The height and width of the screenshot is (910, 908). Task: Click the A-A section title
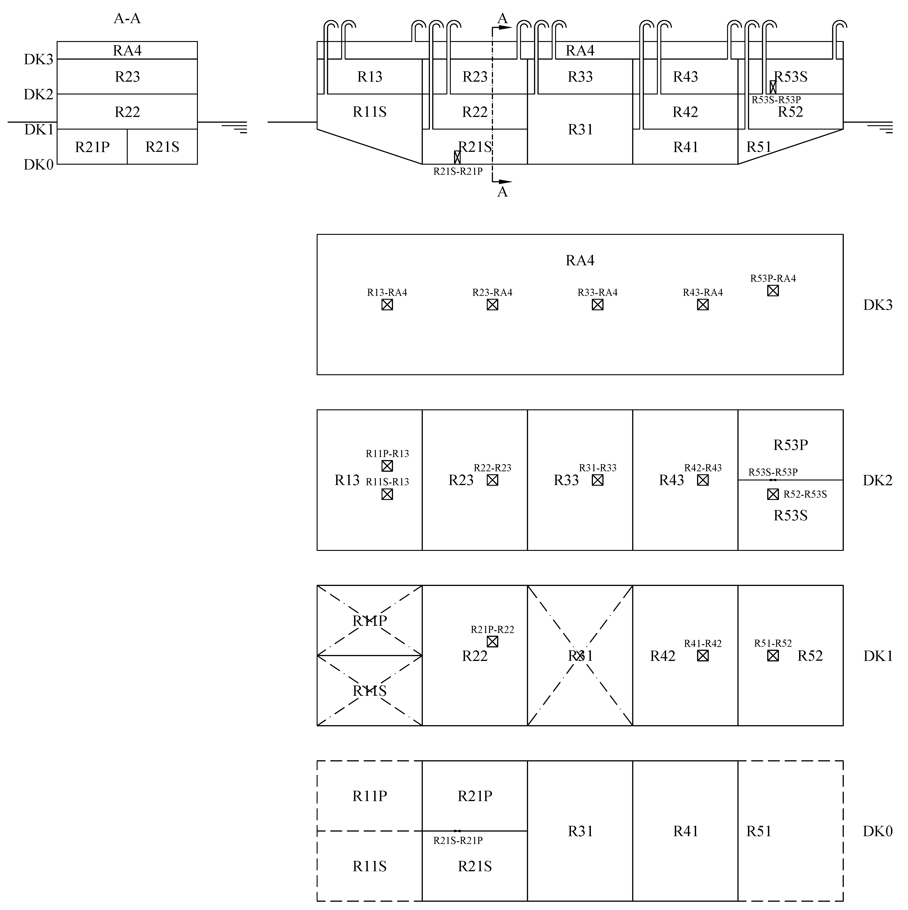[127, 19]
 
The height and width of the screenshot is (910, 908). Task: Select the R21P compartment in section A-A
[92, 147]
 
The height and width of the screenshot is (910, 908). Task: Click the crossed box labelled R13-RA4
[387, 305]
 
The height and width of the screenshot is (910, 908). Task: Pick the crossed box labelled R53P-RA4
[773, 291]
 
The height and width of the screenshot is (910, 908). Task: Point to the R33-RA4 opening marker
[598, 305]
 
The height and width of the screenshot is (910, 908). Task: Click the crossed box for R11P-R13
[387, 466]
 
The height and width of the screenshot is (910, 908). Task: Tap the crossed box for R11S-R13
[387, 494]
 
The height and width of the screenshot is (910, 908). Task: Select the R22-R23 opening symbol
[493, 480]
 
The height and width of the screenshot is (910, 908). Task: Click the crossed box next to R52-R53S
[773, 494]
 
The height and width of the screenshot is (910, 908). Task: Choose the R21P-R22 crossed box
[493, 641]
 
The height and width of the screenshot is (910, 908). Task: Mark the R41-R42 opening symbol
[703, 656]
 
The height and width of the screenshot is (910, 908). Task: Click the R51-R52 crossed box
[773, 656]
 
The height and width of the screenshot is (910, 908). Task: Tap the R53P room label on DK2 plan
[791, 445]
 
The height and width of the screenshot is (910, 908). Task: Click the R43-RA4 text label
[703, 292]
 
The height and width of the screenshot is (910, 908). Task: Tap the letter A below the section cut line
[503, 192]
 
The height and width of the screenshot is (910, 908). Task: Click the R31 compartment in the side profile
[580, 130]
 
